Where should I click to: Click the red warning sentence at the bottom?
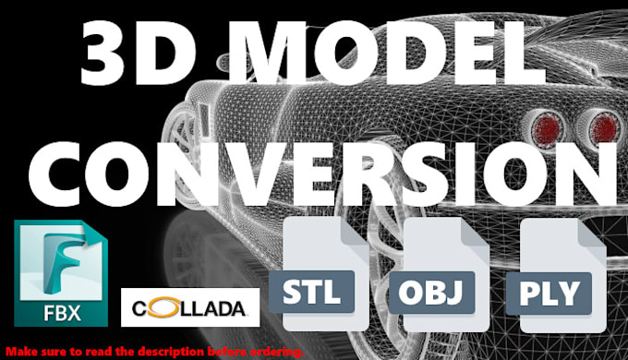153,352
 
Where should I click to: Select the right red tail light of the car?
602,127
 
